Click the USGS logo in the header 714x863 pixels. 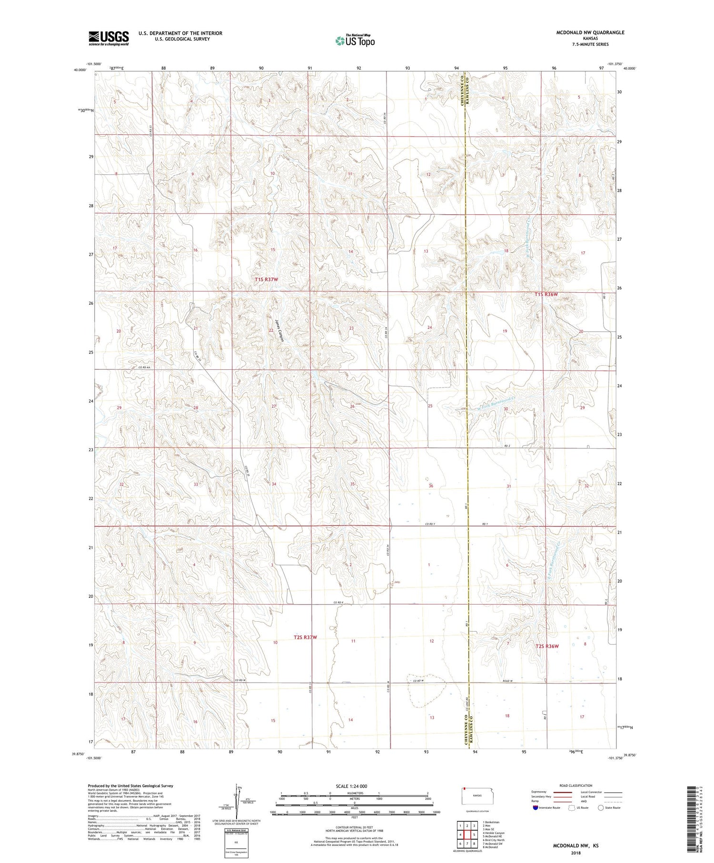pos(109,38)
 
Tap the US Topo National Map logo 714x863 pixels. pos(355,40)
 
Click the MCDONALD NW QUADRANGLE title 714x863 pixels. pos(584,32)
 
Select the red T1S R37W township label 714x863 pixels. pos(266,279)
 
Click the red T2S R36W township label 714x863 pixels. pos(547,646)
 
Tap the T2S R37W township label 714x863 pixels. pos(305,637)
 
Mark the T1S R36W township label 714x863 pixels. pos(546,294)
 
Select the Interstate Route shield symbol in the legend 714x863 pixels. pos(535,808)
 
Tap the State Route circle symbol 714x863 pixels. pos(601,808)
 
